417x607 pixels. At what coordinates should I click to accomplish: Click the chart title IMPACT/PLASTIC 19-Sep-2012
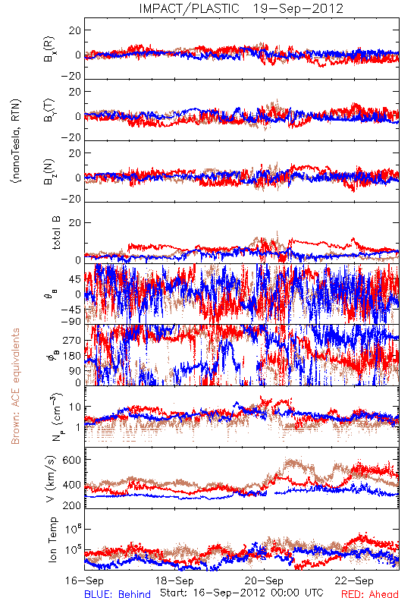click(x=241, y=8)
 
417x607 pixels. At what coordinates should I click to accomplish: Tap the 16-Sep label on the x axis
click(x=84, y=580)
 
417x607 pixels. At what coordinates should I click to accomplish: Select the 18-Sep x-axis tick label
click(x=174, y=580)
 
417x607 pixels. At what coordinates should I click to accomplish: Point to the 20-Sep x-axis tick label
click(x=264, y=580)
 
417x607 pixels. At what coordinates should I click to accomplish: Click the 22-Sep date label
click(x=354, y=580)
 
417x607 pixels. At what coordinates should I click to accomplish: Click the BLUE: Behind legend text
click(x=118, y=594)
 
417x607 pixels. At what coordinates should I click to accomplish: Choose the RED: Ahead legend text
click(x=370, y=594)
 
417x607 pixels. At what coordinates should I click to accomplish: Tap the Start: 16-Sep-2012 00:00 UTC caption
click(x=242, y=593)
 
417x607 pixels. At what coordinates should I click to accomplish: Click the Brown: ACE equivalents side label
click(x=15, y=386)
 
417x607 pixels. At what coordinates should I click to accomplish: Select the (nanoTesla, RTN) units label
click(x=16, y=141)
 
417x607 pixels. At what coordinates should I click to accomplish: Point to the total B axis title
click(x=56, y=233)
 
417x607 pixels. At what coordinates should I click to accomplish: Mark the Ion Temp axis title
click(x=52, y=539)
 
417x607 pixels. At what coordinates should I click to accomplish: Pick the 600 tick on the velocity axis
click(x=72, y=460)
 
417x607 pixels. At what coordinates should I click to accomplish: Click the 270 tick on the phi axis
click(x=72, y=340)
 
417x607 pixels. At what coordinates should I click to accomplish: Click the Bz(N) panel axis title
click(x=49, y=172)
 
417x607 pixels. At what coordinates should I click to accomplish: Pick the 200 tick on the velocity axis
click(x=72, y=505)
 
